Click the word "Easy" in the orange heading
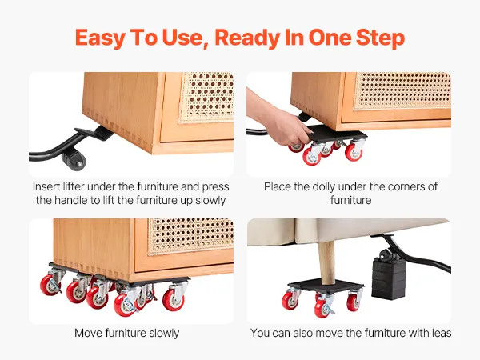100,38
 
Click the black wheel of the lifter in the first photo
74,159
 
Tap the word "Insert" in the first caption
46,186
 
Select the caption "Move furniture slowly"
126,333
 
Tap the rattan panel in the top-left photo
207,97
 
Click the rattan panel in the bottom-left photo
191,236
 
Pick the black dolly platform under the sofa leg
326,286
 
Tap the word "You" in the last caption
259,333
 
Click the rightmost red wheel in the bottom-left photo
174,300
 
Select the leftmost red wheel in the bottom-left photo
50,285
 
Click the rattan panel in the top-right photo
402,90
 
